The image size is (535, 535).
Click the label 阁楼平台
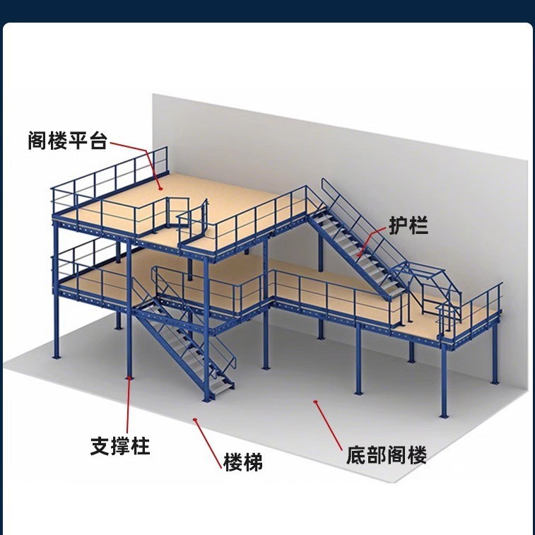[x=68, y=141]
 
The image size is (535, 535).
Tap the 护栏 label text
[x=408, y=225]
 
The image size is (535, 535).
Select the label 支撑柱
[x=121, y=446]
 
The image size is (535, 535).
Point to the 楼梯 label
[x=243, y=463]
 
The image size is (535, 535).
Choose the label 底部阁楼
[x=387, y=454]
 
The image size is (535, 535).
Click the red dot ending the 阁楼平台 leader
[x=160, y=188]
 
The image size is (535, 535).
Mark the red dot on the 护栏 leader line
[x=358, y=256]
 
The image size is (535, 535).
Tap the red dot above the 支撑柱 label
[x=129, y=380]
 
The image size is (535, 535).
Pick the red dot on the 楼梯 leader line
[x=194, y=420]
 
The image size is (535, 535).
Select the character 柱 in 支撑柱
[x=141, y=446]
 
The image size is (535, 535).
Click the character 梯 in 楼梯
[x=253, y=463]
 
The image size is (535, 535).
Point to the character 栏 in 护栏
[x=418, y=225]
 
